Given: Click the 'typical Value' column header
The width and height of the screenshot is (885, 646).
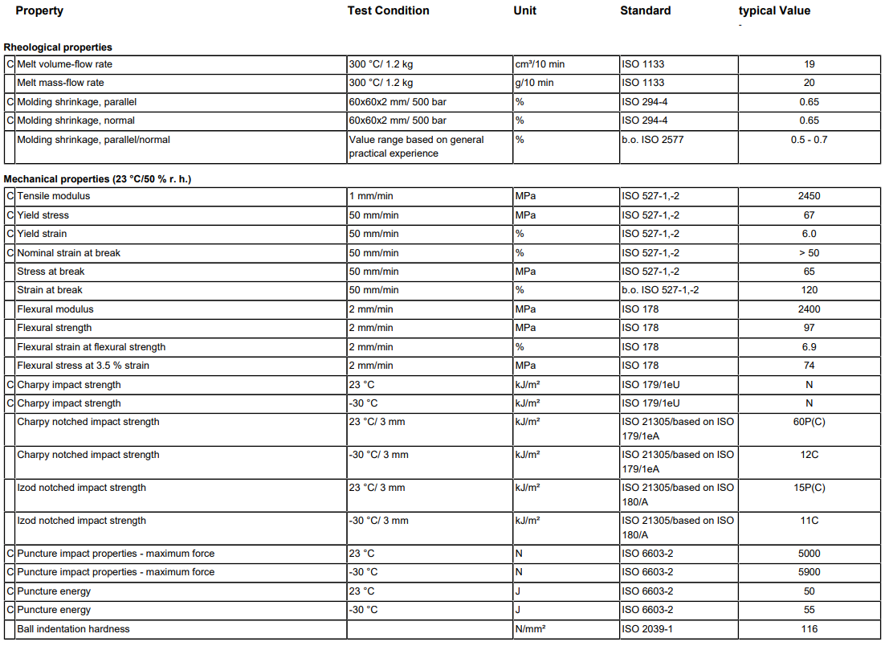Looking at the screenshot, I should (774, 11).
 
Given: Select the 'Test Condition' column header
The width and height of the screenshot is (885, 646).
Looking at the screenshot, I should (388, 11).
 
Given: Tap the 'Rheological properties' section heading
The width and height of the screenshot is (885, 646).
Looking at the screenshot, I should (58, 47).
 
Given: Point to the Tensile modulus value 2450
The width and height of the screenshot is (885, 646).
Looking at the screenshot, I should (809, 196).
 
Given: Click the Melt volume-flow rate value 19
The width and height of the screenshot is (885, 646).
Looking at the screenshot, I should (809, 64).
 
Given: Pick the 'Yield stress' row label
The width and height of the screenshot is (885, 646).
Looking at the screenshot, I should (43, 215).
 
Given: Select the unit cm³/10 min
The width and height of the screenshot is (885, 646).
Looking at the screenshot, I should (540, 64).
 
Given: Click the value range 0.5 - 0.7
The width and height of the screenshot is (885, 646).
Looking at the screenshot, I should (809, 140).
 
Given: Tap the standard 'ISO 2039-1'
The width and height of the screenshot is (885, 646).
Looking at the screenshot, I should (647, 629).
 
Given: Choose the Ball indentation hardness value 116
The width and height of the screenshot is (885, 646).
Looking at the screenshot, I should (809, 629).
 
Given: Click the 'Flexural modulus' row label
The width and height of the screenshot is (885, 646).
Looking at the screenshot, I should (55, 309).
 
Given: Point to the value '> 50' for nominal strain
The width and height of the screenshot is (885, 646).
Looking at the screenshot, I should (809, 253).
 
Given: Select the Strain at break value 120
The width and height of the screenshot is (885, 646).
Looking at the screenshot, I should (809, 290).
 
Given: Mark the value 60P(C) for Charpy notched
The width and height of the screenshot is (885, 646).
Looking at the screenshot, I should (809, 422).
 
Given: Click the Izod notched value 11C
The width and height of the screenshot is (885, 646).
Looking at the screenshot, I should (809, 521).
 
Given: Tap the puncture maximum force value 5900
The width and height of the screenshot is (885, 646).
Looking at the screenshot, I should (809, 572).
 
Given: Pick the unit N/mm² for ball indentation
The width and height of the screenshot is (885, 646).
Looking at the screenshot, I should (530, 629).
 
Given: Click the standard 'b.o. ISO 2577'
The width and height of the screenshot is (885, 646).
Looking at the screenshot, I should (653, 140).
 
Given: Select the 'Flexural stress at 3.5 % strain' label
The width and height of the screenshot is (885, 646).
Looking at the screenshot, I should (84, 366).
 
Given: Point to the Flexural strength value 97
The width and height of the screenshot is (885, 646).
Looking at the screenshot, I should (809, 328).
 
